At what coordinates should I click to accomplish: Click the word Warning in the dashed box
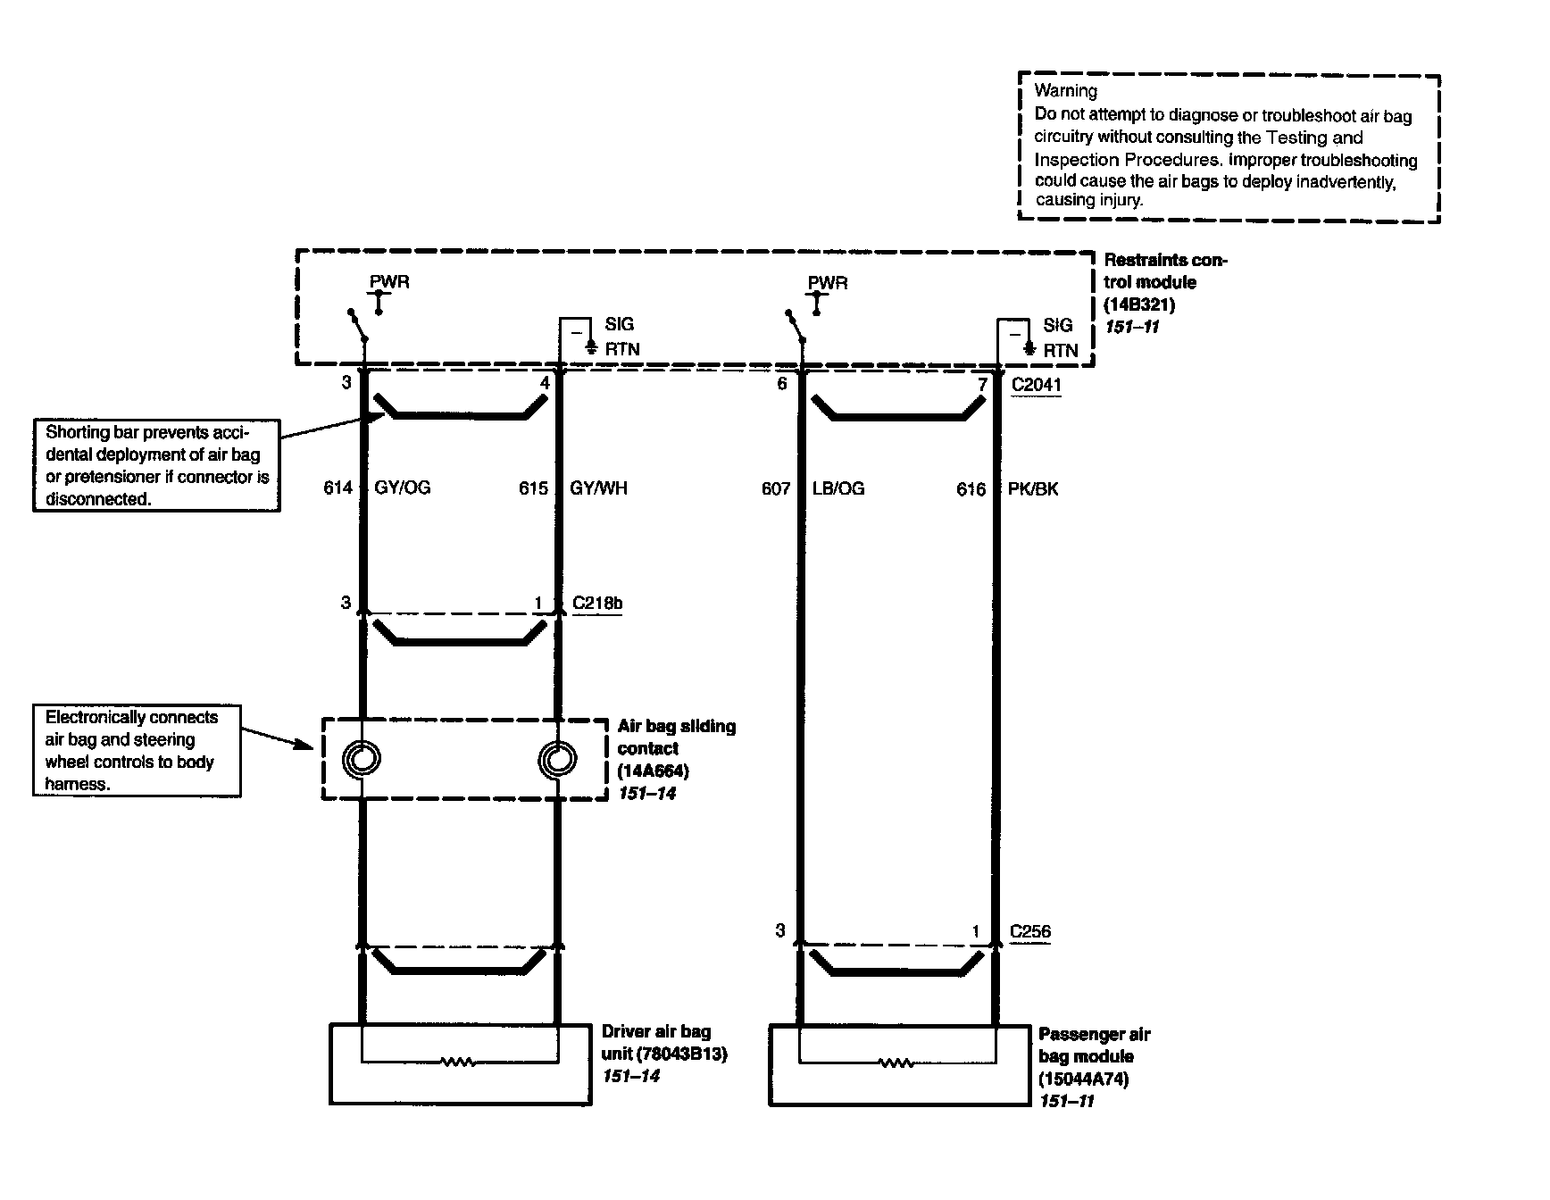(1065, 90)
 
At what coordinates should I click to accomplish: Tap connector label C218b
(597, 603)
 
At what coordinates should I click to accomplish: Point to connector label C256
(1030, 931)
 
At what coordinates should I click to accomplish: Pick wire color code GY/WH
(598, 488)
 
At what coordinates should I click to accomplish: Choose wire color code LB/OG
(838, 488)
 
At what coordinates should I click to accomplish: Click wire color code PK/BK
(1033, 489)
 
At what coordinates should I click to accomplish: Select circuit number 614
(337, 488)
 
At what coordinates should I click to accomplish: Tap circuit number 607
(776, 488)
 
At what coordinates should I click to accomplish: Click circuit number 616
(971, 489)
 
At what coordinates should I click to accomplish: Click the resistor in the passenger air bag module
(896, 1062)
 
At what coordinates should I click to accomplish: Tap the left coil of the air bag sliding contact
(362, 760)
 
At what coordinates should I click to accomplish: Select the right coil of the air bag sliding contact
(557, 760)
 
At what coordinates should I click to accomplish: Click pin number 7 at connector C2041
(982, 384)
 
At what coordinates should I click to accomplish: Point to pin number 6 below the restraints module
(782, 384)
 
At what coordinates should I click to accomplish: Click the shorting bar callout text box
(156, 465)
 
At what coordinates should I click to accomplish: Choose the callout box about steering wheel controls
(137, 751)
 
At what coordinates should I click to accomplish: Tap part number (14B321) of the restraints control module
(1139, 304)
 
